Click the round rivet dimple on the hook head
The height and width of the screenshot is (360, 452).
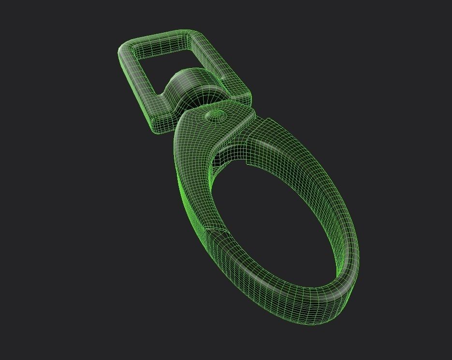215,115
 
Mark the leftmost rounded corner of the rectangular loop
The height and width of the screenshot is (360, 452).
124,50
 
